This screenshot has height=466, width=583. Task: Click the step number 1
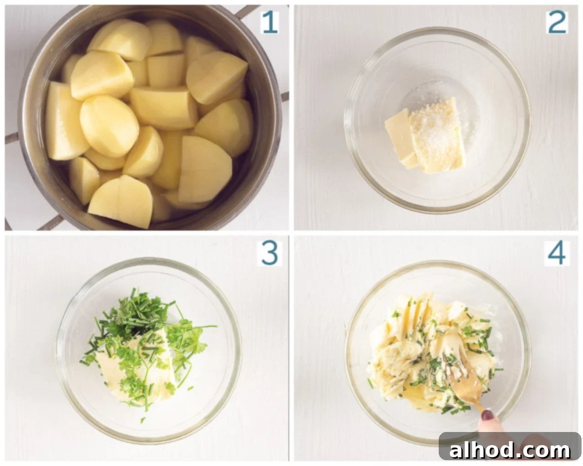pyautogui.click(x=270, y=22)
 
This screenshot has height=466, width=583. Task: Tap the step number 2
pyautogui.click(x=558, y=22)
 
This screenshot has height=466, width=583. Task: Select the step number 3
pyautogui.click(x=270, y=253)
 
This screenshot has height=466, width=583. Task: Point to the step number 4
pyautogui.click(x=557, y=253)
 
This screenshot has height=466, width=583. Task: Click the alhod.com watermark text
pyautogui.click(x=510, y=450)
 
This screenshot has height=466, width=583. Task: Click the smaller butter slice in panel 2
pyautogui.click(x=400, y=138)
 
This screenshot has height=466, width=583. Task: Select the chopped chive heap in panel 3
pyautogui.click(x=136, y=314)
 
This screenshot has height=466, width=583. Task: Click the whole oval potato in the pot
pyautogui.click(x=109, y=126)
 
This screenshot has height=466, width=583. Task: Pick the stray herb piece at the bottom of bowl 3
pyautogui.click(x=143, y=420)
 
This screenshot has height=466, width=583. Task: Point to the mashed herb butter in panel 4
pyautogui.click(x=433, y=352)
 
